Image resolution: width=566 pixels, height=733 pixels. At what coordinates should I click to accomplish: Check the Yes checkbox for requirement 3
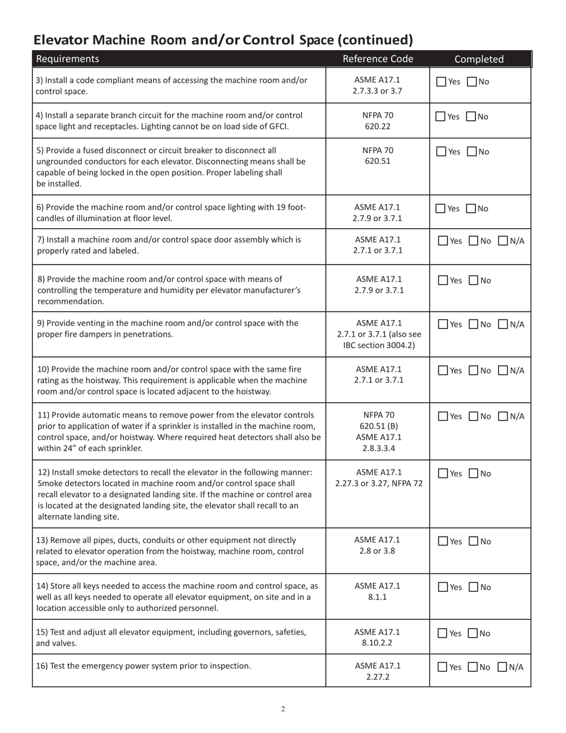[441, 82]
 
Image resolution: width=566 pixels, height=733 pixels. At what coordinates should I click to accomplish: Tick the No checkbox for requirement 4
[471, 117]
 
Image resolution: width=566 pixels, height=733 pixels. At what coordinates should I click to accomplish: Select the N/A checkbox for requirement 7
[503, 241]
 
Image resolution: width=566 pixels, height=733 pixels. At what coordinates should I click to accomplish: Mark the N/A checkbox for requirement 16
[502, 667]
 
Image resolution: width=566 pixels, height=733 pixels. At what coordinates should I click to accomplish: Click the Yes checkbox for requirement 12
[443, 474]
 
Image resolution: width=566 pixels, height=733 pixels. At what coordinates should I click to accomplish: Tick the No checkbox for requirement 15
[474, 633]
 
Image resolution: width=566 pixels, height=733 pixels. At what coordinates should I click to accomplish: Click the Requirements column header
[68, 58]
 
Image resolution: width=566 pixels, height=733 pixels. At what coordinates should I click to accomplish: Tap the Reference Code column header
[377, 58]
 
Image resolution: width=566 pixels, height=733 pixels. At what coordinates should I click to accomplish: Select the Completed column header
[479, 59]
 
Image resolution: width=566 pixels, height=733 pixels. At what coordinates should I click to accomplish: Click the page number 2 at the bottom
[283, 709]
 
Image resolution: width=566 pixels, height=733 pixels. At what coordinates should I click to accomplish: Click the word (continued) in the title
[375, 40]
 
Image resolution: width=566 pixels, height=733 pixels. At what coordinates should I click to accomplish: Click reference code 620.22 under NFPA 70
[378, 126]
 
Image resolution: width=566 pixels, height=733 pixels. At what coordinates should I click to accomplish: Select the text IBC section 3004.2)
[378, 346]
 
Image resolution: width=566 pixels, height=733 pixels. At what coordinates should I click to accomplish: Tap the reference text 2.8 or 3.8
[378, 551]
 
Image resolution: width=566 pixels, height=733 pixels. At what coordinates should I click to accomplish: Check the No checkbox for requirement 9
[474, 324]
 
